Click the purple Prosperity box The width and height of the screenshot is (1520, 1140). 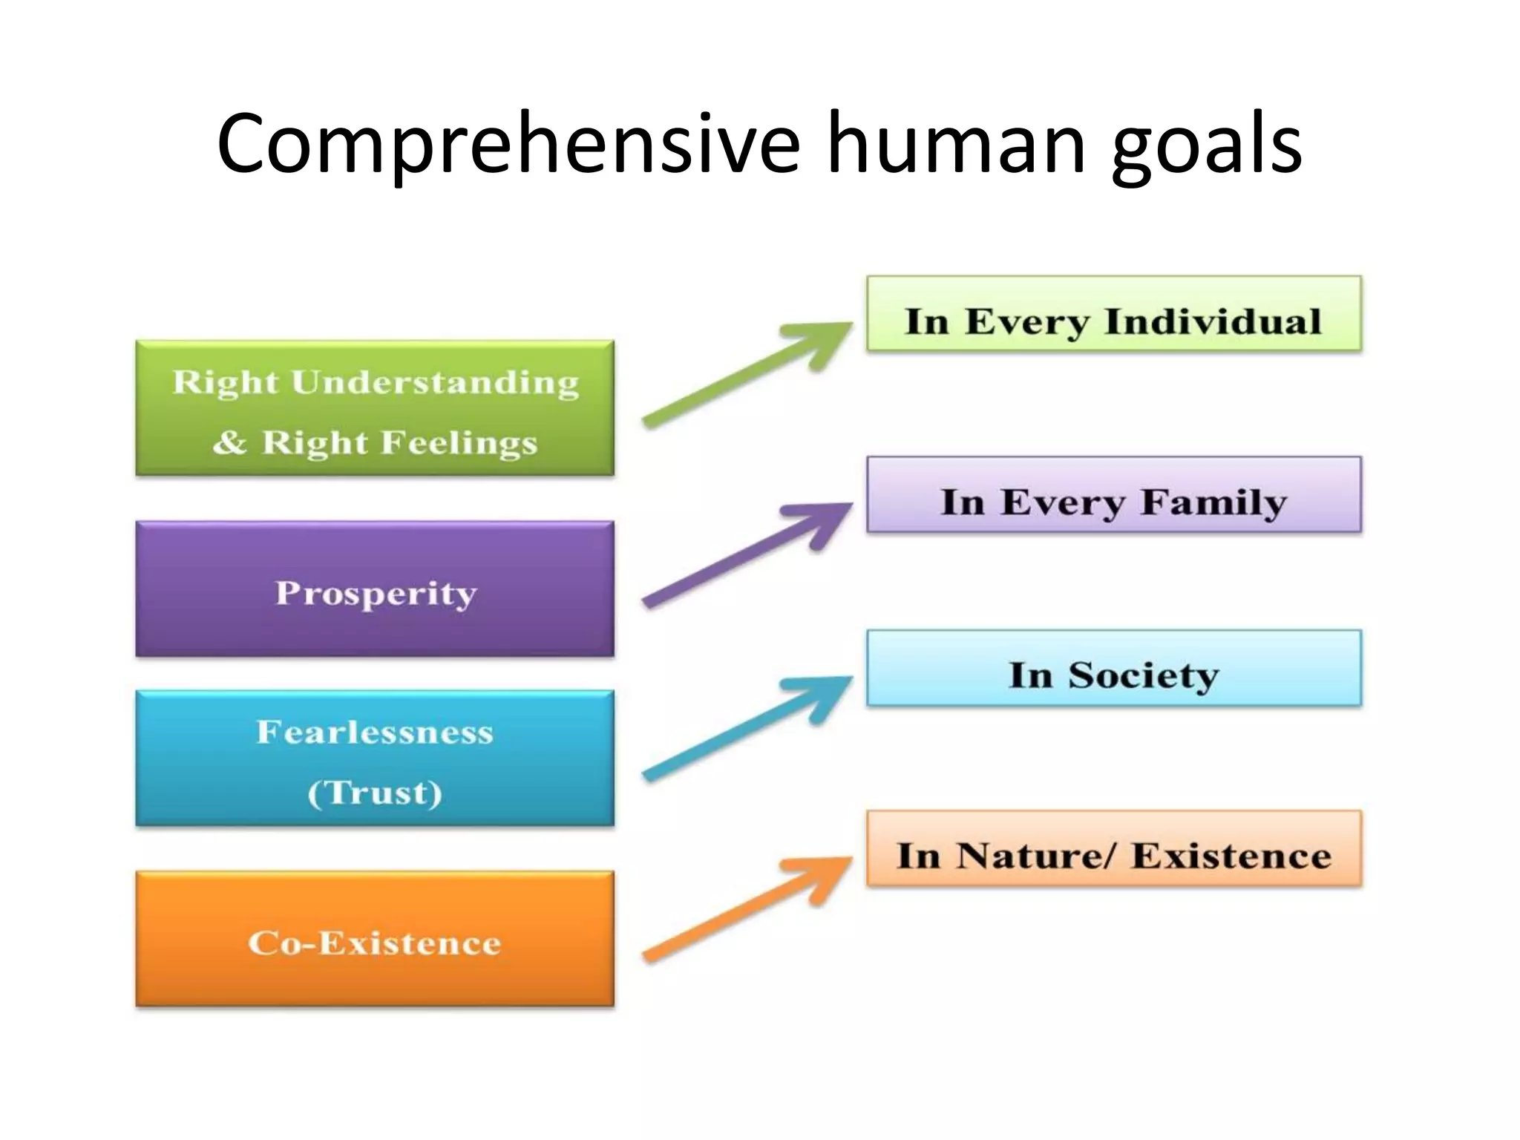[x=375, y=589]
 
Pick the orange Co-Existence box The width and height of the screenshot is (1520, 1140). [x=375, y=939]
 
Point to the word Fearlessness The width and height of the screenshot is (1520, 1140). [x=375, y=732]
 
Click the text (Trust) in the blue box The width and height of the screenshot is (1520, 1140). [x=375, y=792]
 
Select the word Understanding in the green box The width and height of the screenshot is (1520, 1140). [x=434, y=383]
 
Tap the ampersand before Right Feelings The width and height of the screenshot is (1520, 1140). [x=229, y=442]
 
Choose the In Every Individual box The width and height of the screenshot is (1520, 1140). [x=1113, y=314]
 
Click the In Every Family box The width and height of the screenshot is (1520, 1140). [x=1113, y=494]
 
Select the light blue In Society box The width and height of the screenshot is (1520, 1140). [x=1113, y=668]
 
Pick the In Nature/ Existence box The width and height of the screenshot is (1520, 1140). [x=1113, y=848]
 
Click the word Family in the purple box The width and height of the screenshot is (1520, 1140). [x=1213, y=502]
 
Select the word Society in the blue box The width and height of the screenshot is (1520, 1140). [x=1143, y=675]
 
